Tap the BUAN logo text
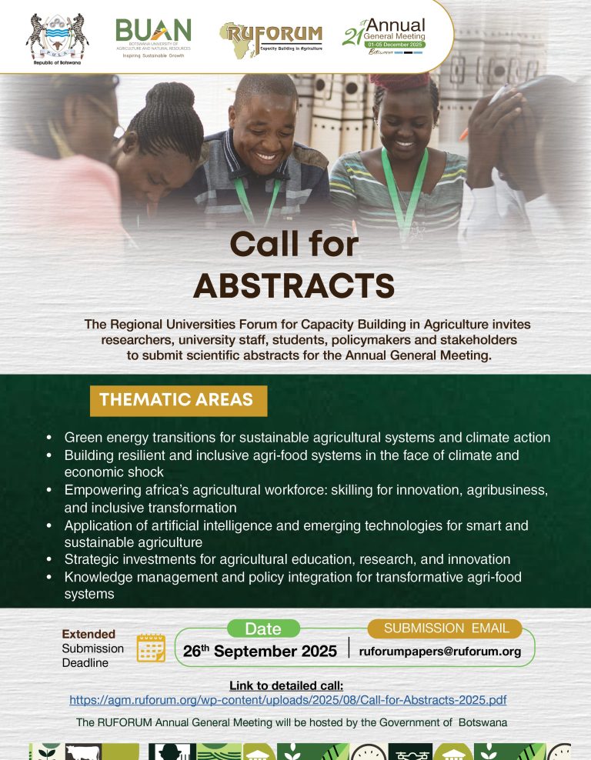pos(153,31)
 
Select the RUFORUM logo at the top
pos(270,35)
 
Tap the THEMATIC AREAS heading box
pos(176,400)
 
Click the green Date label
pos(262,629)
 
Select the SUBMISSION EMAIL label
pos(446,628)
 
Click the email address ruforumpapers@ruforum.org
pos(440,652)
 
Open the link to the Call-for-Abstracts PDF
pos(288,701)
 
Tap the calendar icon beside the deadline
pos(151,648)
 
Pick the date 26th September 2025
pos(260,652)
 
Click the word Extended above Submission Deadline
pos(88,635)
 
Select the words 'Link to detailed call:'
pos(286,686)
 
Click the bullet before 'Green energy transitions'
pos(49,438)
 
